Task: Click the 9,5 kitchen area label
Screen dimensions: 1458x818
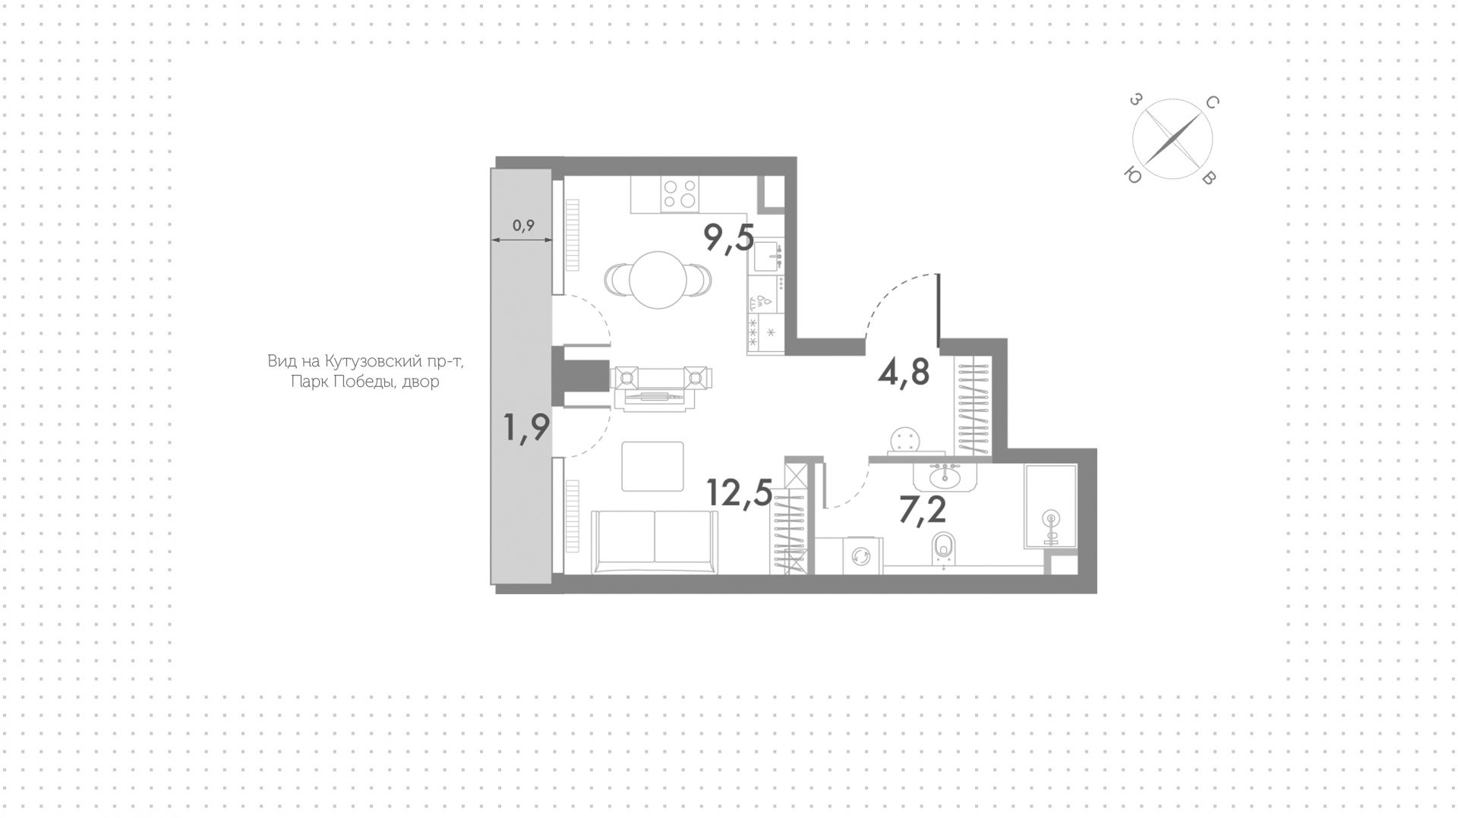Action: coord(729,238)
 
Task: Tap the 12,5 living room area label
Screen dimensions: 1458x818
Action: coord(740,492)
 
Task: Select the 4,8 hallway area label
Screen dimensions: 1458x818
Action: coord(904,372)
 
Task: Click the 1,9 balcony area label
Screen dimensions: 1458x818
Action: coord(526,427)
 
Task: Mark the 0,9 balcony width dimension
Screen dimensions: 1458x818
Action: coord(523,225)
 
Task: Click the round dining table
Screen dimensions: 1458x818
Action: coord(658,279)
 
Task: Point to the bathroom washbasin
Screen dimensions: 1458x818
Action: coord(943,477)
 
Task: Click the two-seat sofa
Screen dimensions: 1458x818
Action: coord(655,542)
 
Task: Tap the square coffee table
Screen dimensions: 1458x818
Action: coord(652,466)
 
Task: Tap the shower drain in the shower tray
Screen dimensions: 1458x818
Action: coord(1051,519)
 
